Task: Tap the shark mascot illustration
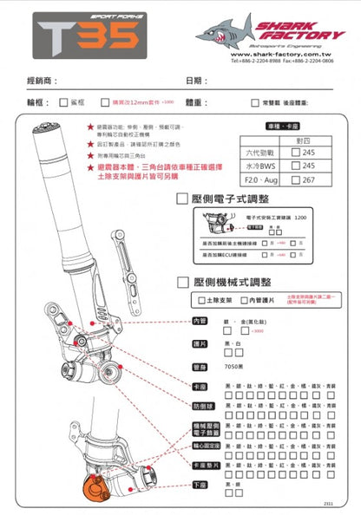pos(224,31)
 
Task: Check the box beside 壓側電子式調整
pos(183,199)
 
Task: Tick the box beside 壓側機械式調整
pos(183,282)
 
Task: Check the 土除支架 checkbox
pos(202,300)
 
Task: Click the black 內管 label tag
pos(200,321)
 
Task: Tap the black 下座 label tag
pos(200,486)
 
